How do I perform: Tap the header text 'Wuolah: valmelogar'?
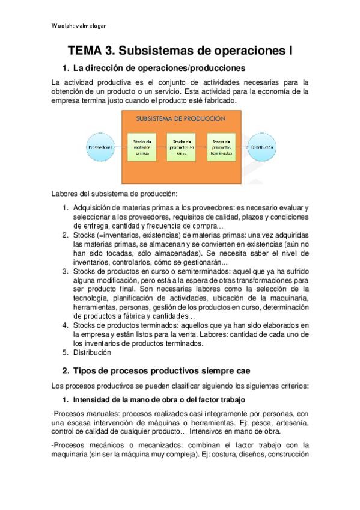tap(79, 26)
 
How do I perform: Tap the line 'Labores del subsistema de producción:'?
tap(114, 194)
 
